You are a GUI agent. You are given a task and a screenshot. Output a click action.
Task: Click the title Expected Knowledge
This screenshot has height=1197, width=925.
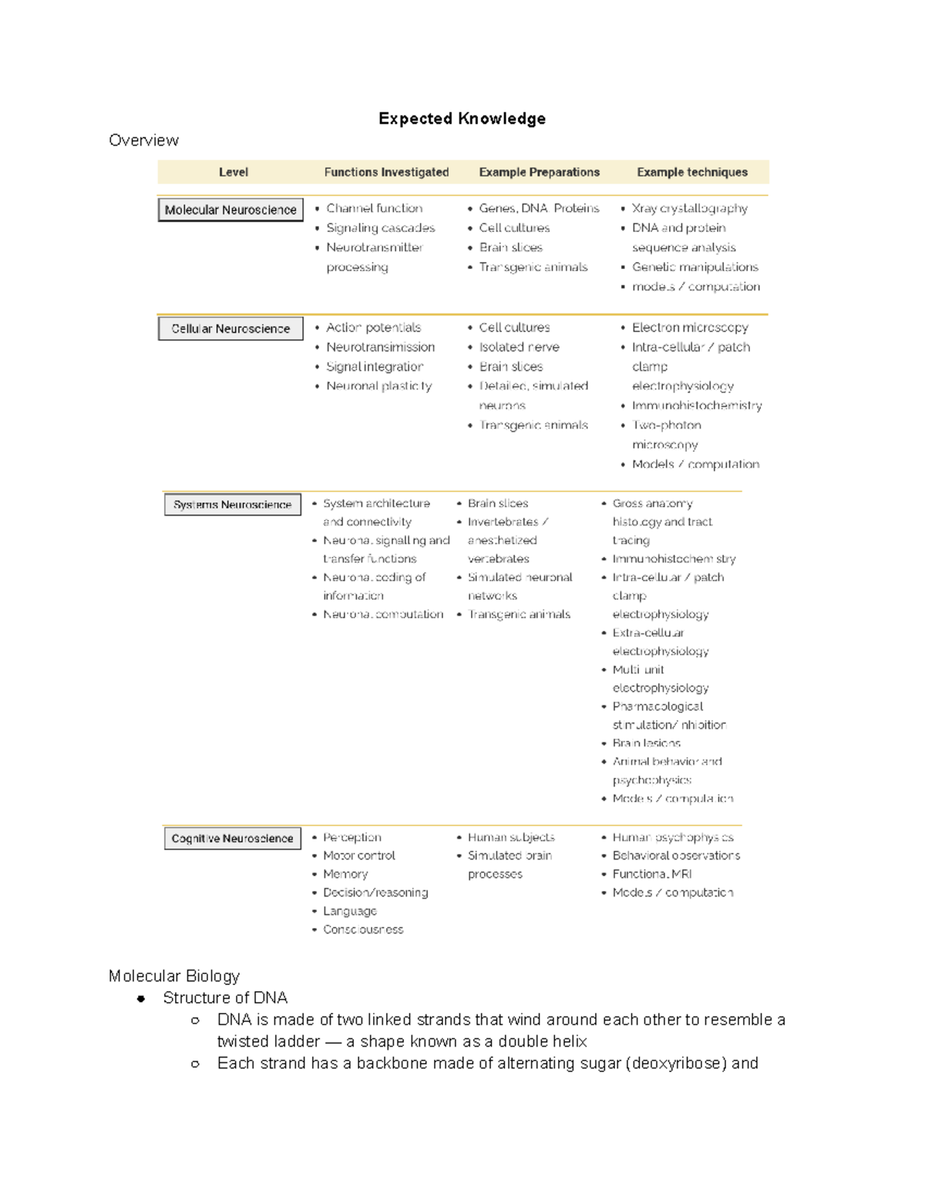click(x=462, y=119)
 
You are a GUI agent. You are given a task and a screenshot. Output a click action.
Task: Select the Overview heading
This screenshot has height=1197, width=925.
click(x=143, y=140)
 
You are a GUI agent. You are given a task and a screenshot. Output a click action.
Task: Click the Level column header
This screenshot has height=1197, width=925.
click(x=233, y=172)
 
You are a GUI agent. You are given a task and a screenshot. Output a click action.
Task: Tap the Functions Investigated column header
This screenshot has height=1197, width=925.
click(x=386, y=172)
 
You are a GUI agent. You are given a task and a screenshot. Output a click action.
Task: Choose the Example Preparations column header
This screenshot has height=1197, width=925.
click(x=539, y=172)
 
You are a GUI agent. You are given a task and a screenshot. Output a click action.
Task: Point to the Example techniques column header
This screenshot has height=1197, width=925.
click(x=691, y=172)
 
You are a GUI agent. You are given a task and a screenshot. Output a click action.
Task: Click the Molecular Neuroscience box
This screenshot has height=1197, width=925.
click(x=230, y=210)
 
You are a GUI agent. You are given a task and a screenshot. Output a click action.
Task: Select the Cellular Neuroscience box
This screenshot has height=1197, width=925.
click(x=230, y=328)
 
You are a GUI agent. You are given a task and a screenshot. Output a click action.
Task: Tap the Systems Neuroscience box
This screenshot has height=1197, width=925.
click(x=232, y=505)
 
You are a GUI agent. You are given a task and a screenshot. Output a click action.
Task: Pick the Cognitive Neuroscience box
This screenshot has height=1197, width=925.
click(x=232, y=839)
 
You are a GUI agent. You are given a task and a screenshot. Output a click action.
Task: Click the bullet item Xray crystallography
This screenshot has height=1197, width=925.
click(x=689, y=208)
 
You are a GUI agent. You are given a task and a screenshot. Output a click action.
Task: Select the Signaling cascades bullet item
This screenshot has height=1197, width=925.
click(x=380, y=228)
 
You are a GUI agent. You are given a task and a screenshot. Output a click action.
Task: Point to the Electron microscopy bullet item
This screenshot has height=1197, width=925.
click(x=689, y=328)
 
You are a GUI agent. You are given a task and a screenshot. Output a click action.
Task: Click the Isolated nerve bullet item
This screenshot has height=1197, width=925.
click(x=519, y=347)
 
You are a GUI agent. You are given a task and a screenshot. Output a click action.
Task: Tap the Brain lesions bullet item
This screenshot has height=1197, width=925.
click(x=646, y=743)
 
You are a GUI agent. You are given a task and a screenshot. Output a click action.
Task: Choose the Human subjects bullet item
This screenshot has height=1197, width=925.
click(x=510, y=837)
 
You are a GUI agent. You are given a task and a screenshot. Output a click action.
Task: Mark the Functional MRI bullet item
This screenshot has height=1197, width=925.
click(x=651, y=874)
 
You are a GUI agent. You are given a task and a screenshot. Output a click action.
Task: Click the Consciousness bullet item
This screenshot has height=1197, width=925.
click(x=362, y=930)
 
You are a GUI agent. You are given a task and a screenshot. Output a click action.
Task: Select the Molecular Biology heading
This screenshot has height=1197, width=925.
click(x=174, y=976)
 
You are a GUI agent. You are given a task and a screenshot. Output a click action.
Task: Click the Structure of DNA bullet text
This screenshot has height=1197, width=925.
click(x=225, y=998)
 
